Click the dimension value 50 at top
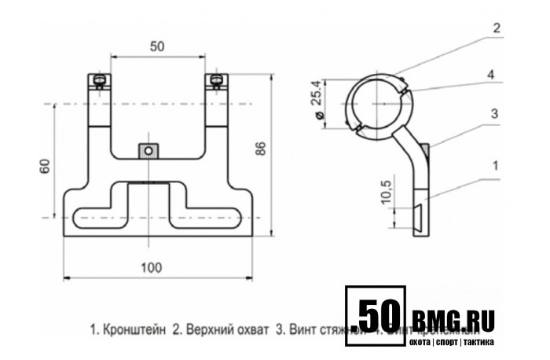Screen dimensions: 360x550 (157, 46)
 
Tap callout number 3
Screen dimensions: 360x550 (494, 114)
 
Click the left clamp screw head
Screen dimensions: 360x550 (98, 79)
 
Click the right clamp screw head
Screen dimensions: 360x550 (214, 79)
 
